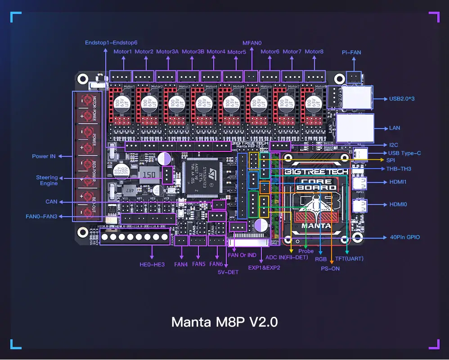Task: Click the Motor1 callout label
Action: click(122, 52)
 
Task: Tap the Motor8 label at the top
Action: click(314, 52)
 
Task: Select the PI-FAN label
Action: click(351, 53)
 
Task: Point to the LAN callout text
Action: click(395, 128)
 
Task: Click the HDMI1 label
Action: click(398, 182)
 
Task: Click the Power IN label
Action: click(44, 156)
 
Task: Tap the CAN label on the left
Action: click(51, 202)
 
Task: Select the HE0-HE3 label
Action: click(152, 264)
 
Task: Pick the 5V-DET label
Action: click(228, 272)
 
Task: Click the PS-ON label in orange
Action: click(330, 268)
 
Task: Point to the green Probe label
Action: click(306, 251)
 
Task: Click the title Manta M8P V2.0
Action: click(224, 322)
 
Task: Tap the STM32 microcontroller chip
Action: click(199, 177)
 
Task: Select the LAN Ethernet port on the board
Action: click(355, 128)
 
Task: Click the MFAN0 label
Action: click(252, 43)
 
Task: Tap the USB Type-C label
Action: click(404, 153)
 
